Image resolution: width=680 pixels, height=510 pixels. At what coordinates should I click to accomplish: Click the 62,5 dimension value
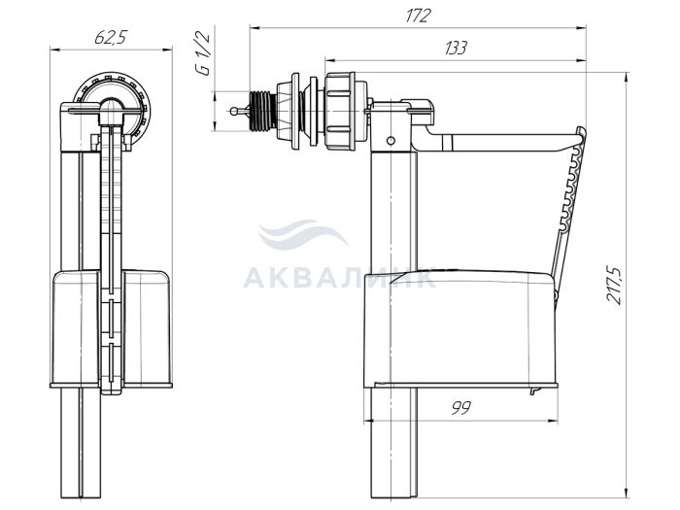(110, 38)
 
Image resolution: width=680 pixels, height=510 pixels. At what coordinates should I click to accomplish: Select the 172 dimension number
(418, 17)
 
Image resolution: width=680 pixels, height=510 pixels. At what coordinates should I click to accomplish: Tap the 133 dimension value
(456, 48)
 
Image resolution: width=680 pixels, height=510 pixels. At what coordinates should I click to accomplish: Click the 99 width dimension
(460, 408)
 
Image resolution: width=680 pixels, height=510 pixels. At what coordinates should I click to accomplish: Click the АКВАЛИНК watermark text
(339, 278)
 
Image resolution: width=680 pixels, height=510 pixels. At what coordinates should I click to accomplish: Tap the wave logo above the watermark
(302, 235)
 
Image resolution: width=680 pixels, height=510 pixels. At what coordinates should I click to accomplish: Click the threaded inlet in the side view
(263, 111)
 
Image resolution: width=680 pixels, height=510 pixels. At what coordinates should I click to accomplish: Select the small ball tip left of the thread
(233, 111)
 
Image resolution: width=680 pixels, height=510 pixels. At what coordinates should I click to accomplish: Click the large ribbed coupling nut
(340, 111)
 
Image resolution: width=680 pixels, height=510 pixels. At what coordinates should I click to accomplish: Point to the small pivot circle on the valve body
(391, 141)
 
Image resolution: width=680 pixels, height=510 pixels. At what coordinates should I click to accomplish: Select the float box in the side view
(459, 327)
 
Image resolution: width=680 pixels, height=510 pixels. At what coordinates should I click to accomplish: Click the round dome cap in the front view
(113, 107)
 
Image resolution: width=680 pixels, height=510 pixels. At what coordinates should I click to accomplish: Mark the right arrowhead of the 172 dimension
(581, 28)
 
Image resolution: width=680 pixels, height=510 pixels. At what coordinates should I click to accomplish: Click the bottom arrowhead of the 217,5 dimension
(627, 493)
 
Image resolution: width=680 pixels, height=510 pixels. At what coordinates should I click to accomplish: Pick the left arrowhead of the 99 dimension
(369, 421)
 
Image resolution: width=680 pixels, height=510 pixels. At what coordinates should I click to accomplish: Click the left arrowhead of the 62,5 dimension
(56, 50)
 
